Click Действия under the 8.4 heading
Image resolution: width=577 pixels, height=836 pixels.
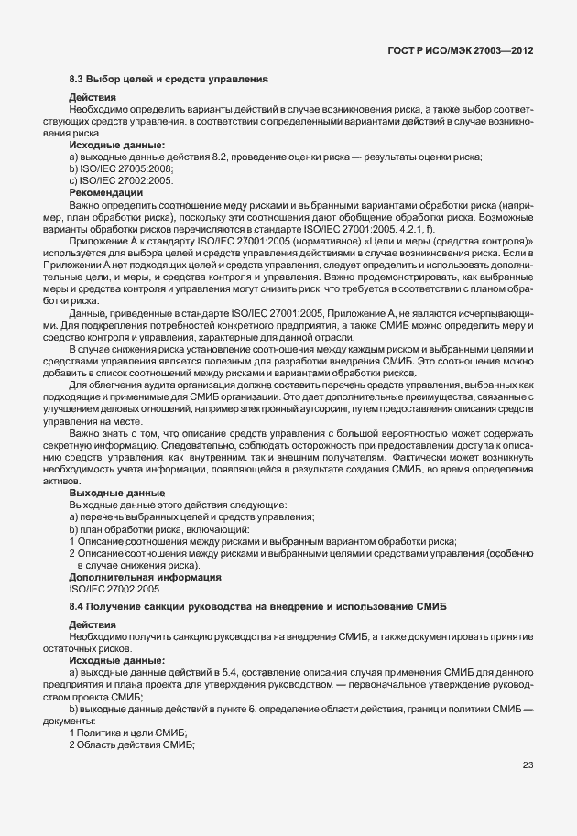click(x=92, y=624)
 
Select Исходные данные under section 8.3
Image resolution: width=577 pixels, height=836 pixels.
click(x=117, y=145)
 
